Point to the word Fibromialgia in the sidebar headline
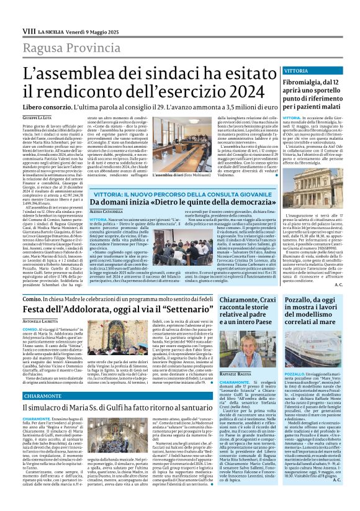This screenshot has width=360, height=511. coord(308,81)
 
